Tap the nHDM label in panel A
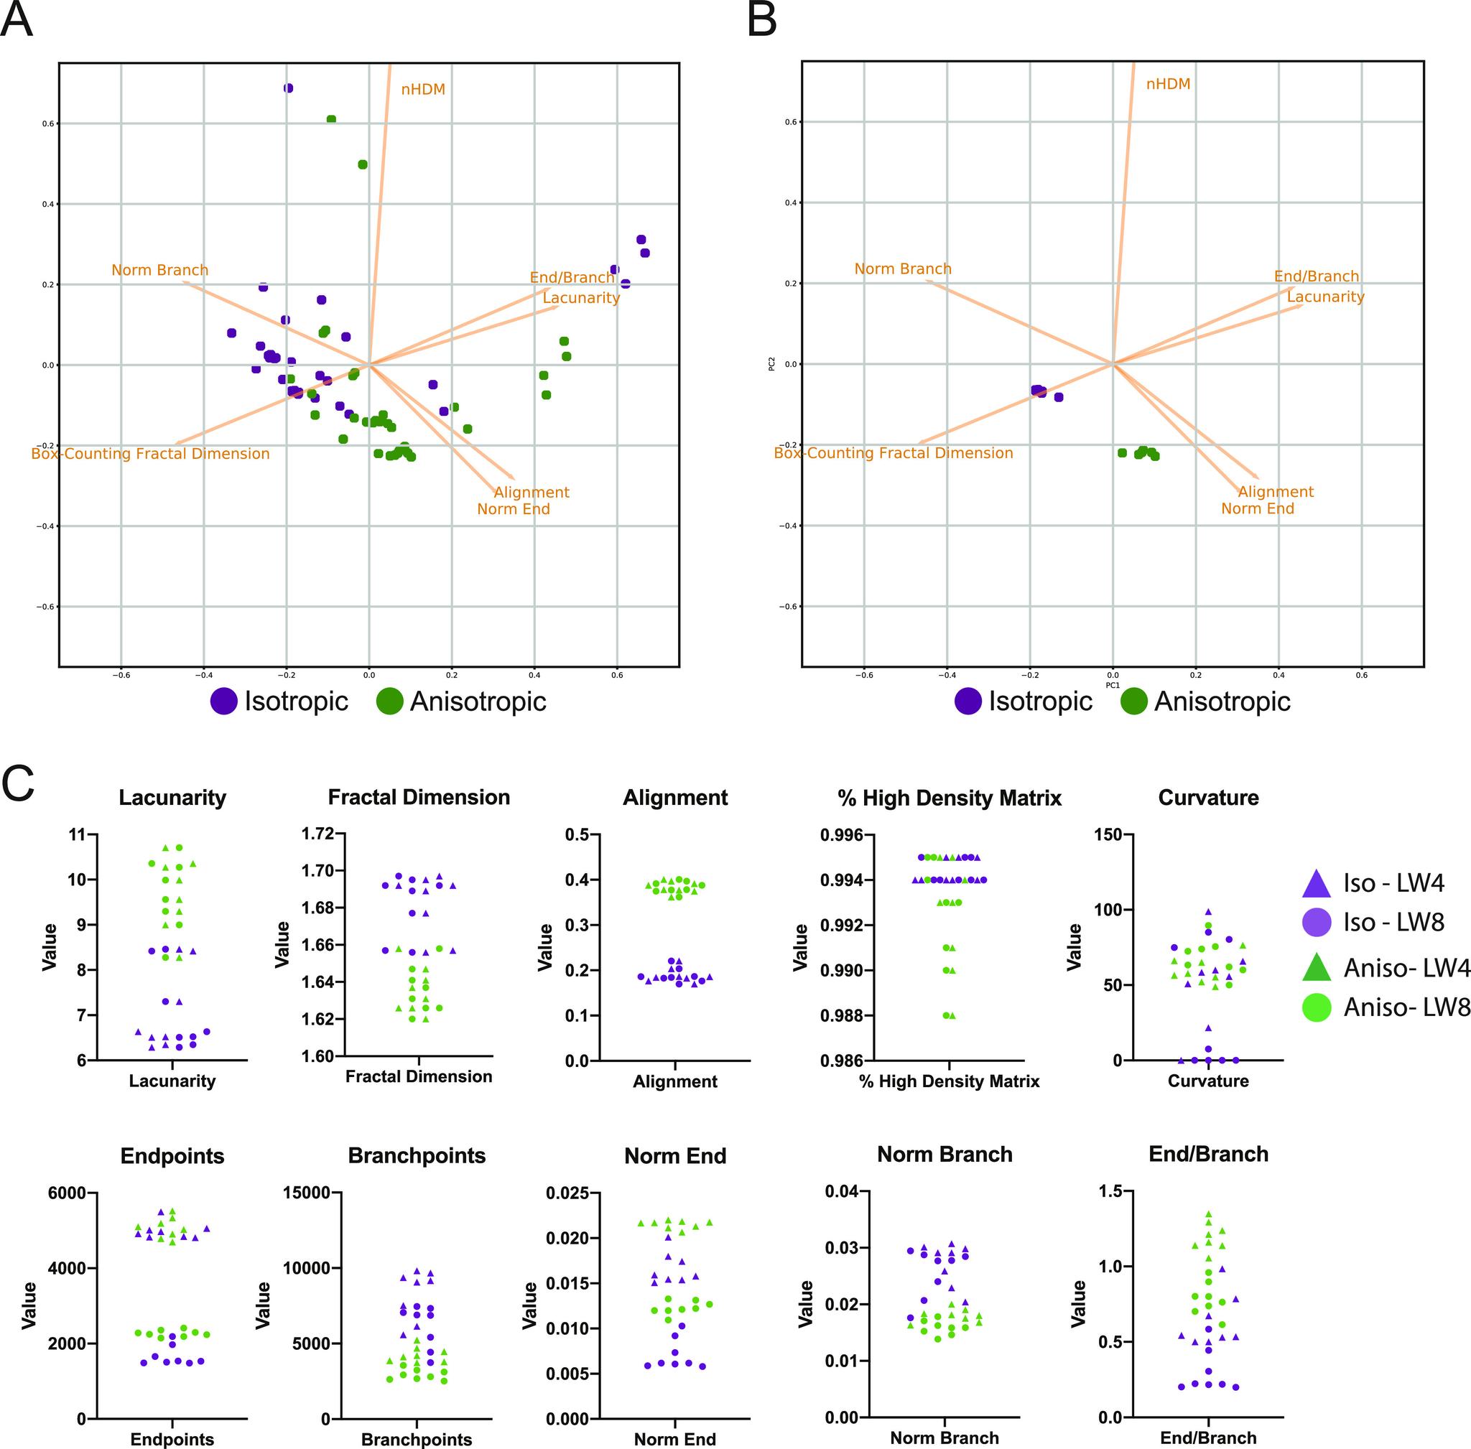(x=422, y=90)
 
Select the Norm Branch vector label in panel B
(x=902, y=269)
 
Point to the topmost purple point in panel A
(x=288, y=88)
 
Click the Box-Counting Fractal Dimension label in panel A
(x=150, y=454)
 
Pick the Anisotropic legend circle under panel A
(x=391, y=702)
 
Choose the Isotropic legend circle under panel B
(x=967, y=702)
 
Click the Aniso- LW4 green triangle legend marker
(x=1317, y=968)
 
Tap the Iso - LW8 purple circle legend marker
(x=1317, y=923)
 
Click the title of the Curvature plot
(x=1207, y=798)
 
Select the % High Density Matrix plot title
(x=949, y=798)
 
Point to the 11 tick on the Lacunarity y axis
(x=78, y=835)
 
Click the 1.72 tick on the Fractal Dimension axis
(x=317, y=834)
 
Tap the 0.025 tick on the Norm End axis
(x=567, y=1193)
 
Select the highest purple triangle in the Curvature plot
(x=1207, y=911)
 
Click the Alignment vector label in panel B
(x=1276, y=492)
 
